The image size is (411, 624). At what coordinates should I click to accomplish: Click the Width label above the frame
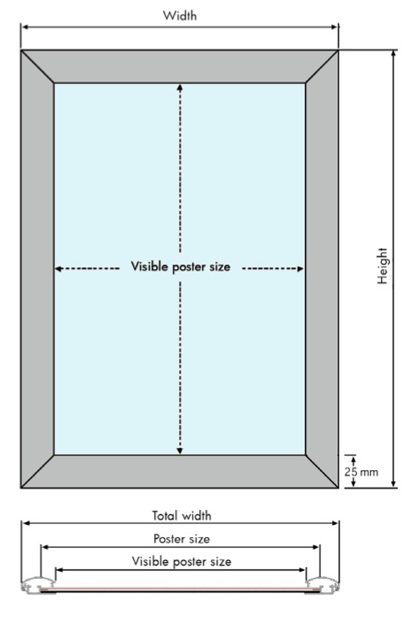[180, 16]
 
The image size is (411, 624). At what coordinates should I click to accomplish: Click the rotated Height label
[383, 266]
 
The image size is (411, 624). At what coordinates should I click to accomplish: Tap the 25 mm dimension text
[361, 472]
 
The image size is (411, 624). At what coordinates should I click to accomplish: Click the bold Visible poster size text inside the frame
[181, 266]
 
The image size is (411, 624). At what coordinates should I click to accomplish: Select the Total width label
[182, 516]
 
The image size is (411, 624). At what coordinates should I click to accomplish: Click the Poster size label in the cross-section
[182, 539]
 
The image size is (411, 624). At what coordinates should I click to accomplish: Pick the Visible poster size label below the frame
[182, 561]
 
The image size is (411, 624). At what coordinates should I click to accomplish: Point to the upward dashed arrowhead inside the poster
[180, 88]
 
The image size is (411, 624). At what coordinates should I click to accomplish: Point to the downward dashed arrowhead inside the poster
[180, 451]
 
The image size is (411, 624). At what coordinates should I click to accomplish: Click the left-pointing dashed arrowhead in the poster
[59, 268]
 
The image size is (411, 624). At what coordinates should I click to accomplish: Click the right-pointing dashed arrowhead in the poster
[300, 268]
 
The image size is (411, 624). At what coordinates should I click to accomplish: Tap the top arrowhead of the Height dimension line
[394, 55]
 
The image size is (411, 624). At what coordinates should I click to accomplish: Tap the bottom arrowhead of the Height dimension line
[394, 482]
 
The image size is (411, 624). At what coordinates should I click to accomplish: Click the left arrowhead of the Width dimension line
[26, 27]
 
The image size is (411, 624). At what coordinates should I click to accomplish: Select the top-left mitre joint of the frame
[37, 66]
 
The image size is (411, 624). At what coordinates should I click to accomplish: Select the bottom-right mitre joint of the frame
[322, 471]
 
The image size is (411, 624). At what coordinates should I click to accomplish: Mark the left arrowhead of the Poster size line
[45, 547]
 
